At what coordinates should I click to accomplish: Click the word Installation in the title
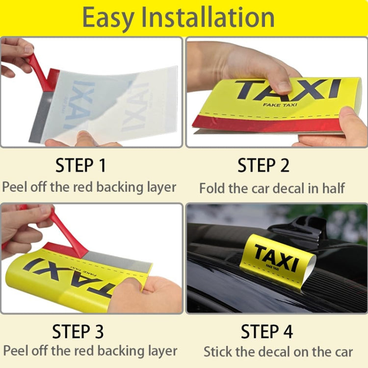(x=209, y=18)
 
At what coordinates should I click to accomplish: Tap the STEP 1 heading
(x=80, y=165)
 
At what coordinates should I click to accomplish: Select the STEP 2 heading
(x=263, y=165)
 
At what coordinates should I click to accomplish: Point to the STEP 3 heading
(x=78, y=332)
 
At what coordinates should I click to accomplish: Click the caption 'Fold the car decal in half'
(x=272, y=188)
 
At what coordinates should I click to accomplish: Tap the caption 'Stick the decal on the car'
(x=278, y=351)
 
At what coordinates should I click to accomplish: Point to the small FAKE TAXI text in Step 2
(x=278, y=105)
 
